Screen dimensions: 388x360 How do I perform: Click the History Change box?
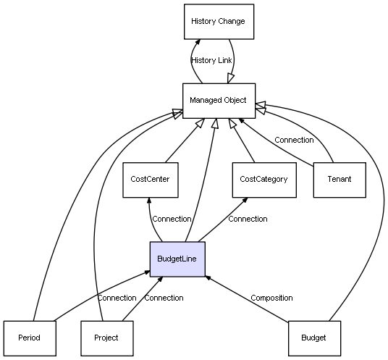click(219, 22)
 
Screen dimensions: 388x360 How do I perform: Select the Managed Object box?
click(219, 101)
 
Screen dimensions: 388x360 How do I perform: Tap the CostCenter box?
click(151, 180)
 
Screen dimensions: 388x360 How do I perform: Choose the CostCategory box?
click(264, 180)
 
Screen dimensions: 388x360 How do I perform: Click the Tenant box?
click(339, 180)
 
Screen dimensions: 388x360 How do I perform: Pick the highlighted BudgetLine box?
click(177, 259)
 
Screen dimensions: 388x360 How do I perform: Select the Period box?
click(30, 338)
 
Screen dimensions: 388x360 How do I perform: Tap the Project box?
click(107, 338)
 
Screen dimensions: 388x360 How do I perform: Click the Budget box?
click(314, 338)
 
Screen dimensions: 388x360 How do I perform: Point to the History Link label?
click(211, 60)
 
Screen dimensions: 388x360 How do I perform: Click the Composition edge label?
click(271, 298)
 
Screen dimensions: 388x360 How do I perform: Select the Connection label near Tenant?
click(294, 140)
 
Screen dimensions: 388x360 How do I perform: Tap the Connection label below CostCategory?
click(248, 219)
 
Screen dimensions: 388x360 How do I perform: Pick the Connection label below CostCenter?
click(172, 219)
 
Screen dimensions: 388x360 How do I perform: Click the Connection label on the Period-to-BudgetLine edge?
click(117, 298)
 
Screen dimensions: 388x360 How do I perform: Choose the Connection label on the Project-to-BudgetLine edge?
click(164, 298)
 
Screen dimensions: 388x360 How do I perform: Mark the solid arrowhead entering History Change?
click(198, 42)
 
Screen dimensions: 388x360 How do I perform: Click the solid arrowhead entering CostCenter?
click(149, 201)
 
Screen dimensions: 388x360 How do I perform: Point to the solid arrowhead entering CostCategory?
click(245, 200)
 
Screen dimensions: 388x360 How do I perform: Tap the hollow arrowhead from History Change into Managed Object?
click(230, 79)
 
